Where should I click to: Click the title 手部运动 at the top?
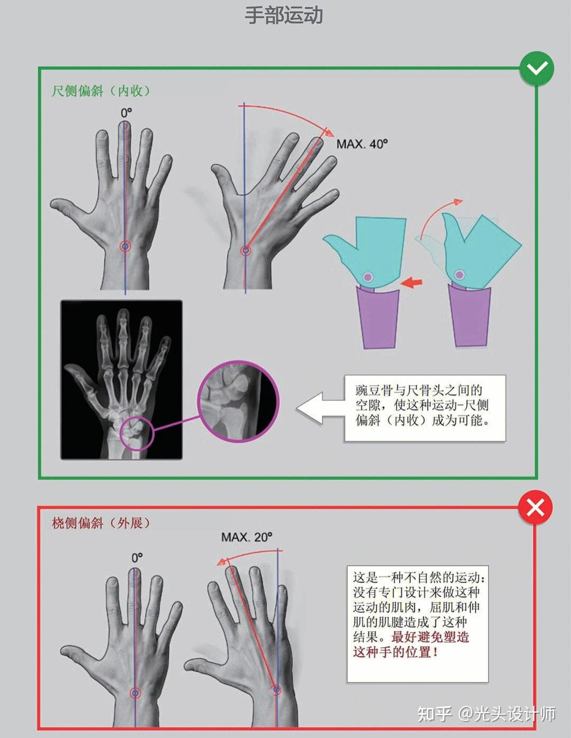click(284, 15)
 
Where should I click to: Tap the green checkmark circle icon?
click(536, 69)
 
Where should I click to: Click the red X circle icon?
click(535, 508)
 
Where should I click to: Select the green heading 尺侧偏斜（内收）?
click(101, 91)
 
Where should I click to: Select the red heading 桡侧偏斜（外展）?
click(101, 523)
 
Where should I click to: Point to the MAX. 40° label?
click(362, 144)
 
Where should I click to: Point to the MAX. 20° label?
click(247, 537)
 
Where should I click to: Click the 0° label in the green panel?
click(126, 113)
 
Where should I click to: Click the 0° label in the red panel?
click(137, 558)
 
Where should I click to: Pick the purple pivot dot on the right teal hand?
click(459, 275)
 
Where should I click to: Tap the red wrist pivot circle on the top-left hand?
click(125, 246)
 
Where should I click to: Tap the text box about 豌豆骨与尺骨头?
click(425, 408)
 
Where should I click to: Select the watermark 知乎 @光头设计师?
click(486, 714)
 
